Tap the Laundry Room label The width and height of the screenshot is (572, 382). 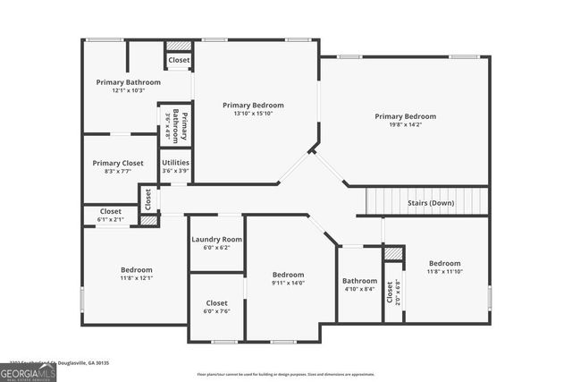(217, 240)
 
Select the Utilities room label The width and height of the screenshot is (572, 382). (175, 163)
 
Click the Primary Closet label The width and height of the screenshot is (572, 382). (118, 163)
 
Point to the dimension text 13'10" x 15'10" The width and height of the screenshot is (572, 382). (252, 114)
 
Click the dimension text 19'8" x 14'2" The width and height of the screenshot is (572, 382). (405, 125)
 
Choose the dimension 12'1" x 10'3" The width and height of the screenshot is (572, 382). (129, 91)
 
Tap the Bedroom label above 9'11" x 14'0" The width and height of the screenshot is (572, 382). (288, 275)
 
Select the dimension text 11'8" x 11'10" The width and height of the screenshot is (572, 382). (444, 272)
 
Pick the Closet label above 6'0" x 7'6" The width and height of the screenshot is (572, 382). (216, 302)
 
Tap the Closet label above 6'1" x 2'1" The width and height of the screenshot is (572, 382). (111, 211)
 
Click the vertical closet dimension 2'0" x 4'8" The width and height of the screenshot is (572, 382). (399, 293)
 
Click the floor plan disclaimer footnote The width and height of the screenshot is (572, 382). (286, 375)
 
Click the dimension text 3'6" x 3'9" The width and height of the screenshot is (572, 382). (175, 171)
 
